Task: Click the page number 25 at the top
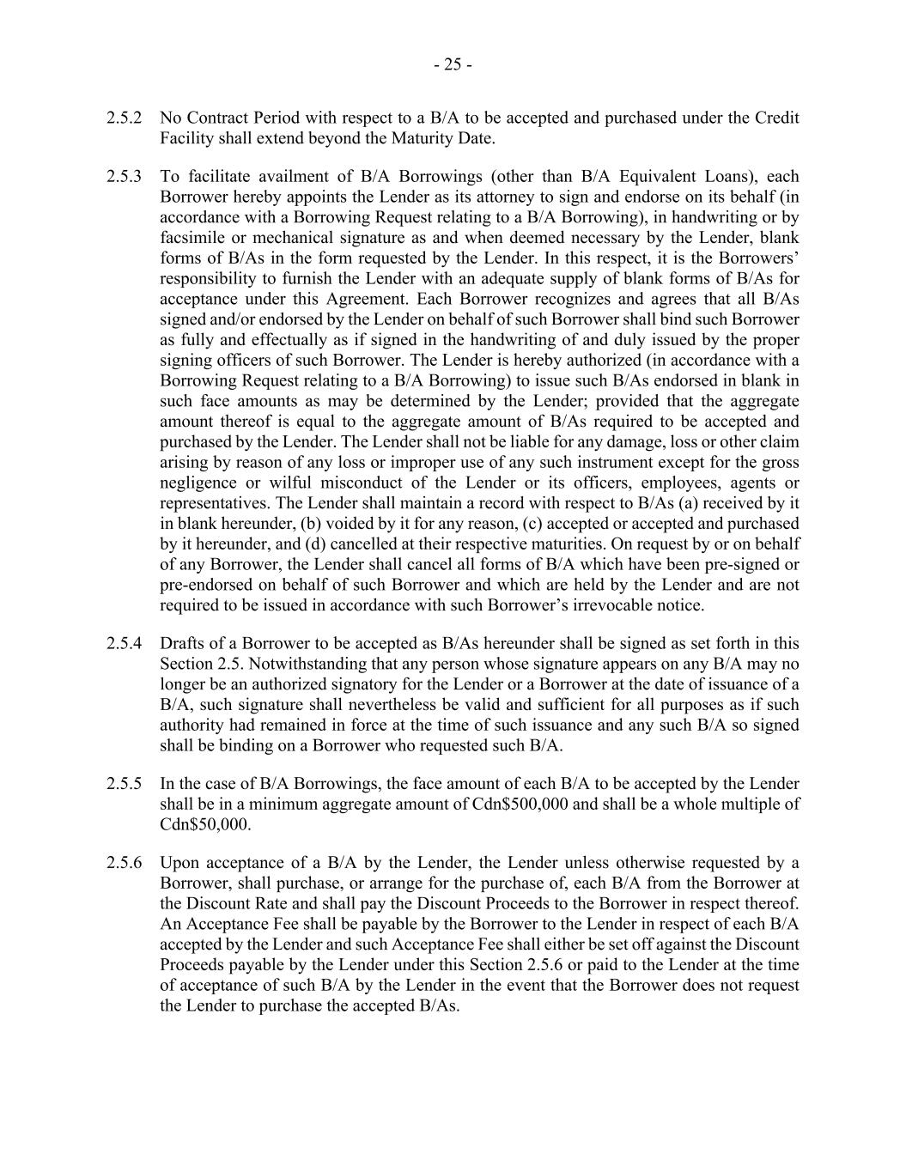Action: click(453, 64)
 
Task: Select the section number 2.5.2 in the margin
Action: click(125, 118)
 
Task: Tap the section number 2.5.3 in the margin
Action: click(125, 177)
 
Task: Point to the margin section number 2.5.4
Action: click(125, 643)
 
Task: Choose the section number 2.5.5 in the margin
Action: click(125, 784)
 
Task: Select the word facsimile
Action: click(190, 238)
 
